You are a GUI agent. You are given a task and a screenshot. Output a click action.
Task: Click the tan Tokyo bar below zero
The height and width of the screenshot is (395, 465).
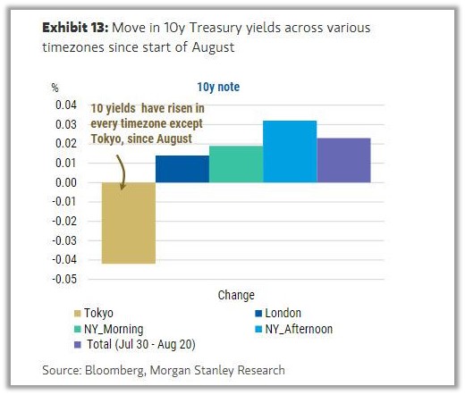[129, 223]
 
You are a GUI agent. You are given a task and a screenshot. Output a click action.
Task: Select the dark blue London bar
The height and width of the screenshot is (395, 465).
[182, 169]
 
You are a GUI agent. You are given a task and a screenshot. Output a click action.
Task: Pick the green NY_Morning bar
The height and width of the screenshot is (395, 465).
[235, 164]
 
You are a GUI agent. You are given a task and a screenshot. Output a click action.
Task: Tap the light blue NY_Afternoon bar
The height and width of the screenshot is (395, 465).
[289, 151]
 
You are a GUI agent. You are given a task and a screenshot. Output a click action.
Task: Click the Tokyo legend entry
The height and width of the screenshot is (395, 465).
[94, 313]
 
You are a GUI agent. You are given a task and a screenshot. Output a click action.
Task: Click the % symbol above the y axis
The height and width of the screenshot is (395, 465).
[55, 88]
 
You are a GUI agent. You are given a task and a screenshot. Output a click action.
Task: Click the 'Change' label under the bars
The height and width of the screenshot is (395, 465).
[235, 295]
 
